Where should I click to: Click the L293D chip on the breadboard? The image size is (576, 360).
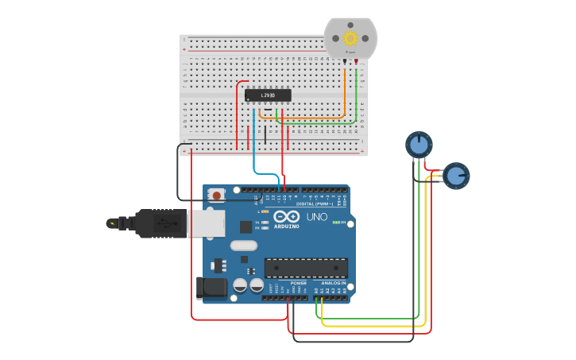(x=268, y=95)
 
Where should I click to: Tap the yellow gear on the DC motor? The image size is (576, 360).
(x=350, y=37)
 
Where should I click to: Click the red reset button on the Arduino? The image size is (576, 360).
(x=215, y=195)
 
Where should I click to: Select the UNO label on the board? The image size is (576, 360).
(x=316, y=217)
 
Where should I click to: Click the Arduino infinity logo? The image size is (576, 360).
(x=286, y=216)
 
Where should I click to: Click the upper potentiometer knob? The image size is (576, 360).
(x=419, y=145)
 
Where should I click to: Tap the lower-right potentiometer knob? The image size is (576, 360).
(x=456, y=175)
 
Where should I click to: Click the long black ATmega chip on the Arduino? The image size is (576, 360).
(x=306, y=268)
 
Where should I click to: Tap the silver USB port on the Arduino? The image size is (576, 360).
(x=206, y=223)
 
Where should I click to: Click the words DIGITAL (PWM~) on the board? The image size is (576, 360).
(x=315, y=204)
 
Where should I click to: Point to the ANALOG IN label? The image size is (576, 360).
(x=333, y=283)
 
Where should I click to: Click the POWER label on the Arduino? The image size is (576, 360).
(x=298, y=283)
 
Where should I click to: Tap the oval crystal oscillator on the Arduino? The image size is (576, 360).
(x=244, y=246)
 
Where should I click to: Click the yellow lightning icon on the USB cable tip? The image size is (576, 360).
(x=112, y=223)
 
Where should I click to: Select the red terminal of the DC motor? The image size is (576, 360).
(x=356, y=61)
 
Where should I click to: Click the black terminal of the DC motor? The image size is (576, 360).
(x=345, y=61)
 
